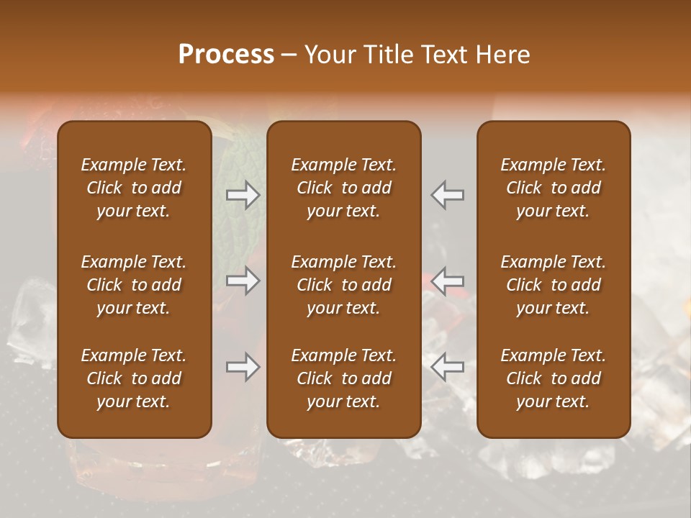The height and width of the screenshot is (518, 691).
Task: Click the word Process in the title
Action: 226,55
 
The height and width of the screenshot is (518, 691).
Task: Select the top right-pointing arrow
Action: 243,195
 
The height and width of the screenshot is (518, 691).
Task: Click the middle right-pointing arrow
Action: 243,281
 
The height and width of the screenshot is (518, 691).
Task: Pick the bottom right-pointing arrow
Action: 243,367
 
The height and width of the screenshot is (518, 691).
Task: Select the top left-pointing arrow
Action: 447,195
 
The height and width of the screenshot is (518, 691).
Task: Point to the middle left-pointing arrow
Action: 447,281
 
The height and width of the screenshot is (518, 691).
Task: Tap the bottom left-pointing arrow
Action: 447,367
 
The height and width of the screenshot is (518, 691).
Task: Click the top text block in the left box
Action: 134,188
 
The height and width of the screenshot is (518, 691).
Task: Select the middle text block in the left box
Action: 134,285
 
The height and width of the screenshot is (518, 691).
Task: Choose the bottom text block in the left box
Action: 134,378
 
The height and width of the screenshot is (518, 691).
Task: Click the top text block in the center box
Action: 343,188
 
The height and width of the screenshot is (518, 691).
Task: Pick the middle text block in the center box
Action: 343,285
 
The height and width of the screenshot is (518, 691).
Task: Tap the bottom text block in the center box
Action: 343,378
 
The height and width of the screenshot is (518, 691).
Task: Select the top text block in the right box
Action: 553,188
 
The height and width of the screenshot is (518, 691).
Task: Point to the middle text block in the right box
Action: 553,285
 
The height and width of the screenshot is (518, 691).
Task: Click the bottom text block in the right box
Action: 553,378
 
